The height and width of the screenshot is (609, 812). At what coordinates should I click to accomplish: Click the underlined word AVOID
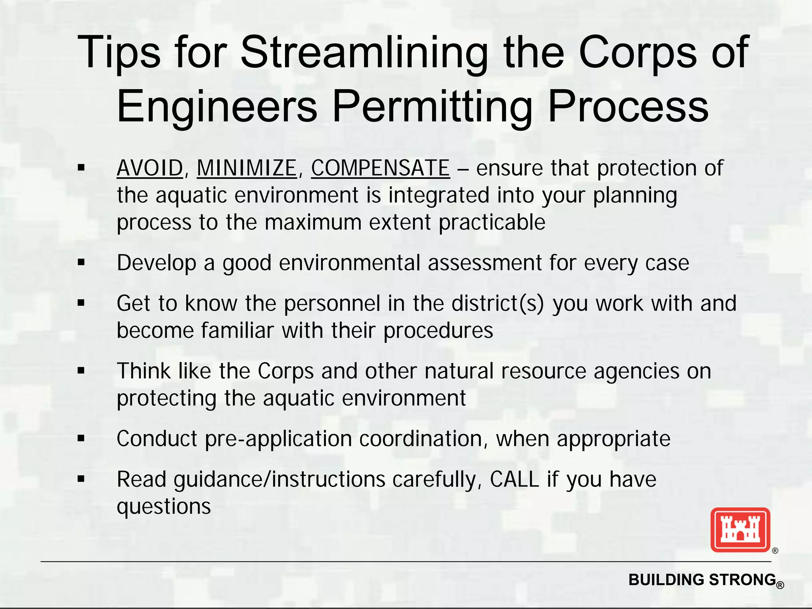(x=150, y=168)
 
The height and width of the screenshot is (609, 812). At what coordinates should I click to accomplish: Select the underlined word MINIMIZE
(x=247, y=168)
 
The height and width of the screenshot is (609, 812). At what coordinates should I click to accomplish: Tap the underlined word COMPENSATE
(x=380, y=168)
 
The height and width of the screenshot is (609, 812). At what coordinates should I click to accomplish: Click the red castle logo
(x=740, y=530)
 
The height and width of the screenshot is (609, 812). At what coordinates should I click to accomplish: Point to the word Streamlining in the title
(x=364, y=52)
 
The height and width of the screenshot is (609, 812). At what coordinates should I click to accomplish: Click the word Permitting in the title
(x=433, y=106)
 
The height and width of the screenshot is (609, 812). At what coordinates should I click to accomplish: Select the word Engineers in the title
(x=217, y=106)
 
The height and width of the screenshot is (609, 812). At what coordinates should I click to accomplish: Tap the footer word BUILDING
(x=667, y=580)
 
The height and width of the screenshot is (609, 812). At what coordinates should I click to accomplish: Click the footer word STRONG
(x=742, y=580)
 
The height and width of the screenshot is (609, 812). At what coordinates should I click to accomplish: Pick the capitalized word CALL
(x=514, y=479)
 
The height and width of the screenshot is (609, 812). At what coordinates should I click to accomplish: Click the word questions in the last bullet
(x=164, y=507)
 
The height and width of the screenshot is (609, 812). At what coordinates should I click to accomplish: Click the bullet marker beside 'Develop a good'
(x=82, y=262)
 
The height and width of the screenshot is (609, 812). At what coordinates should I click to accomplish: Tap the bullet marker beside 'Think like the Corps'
(x=82, y=371)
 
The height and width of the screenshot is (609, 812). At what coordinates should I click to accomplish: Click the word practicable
(x=492, y=222)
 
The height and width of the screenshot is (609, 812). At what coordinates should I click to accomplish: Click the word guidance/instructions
(x=280, y=479)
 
